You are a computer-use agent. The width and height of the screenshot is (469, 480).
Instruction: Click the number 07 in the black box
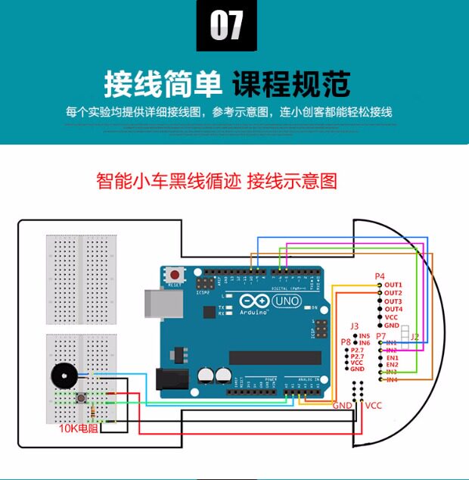click(226, 26)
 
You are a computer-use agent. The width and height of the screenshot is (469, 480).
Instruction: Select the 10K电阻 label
click(79, 429)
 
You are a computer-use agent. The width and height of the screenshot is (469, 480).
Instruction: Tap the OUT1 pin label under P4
click(393, 284)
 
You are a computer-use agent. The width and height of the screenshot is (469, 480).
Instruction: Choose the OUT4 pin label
click(393, 309)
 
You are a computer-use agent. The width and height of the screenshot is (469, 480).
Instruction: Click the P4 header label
click(380, 276)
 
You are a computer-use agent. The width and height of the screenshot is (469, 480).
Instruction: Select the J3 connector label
click(354, 326)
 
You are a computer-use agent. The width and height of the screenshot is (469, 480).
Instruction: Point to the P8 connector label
click(345, 342)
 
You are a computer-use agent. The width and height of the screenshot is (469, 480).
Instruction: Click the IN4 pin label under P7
click(392, 379)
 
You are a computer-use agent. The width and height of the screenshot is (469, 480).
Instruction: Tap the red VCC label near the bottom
click(374, 406)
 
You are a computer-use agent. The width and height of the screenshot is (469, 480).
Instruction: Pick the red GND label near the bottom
click(342, 406)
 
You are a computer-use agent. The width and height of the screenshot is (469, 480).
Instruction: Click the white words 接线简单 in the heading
click(162, 84)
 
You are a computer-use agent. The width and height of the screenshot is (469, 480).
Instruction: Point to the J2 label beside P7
click(415, 336)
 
